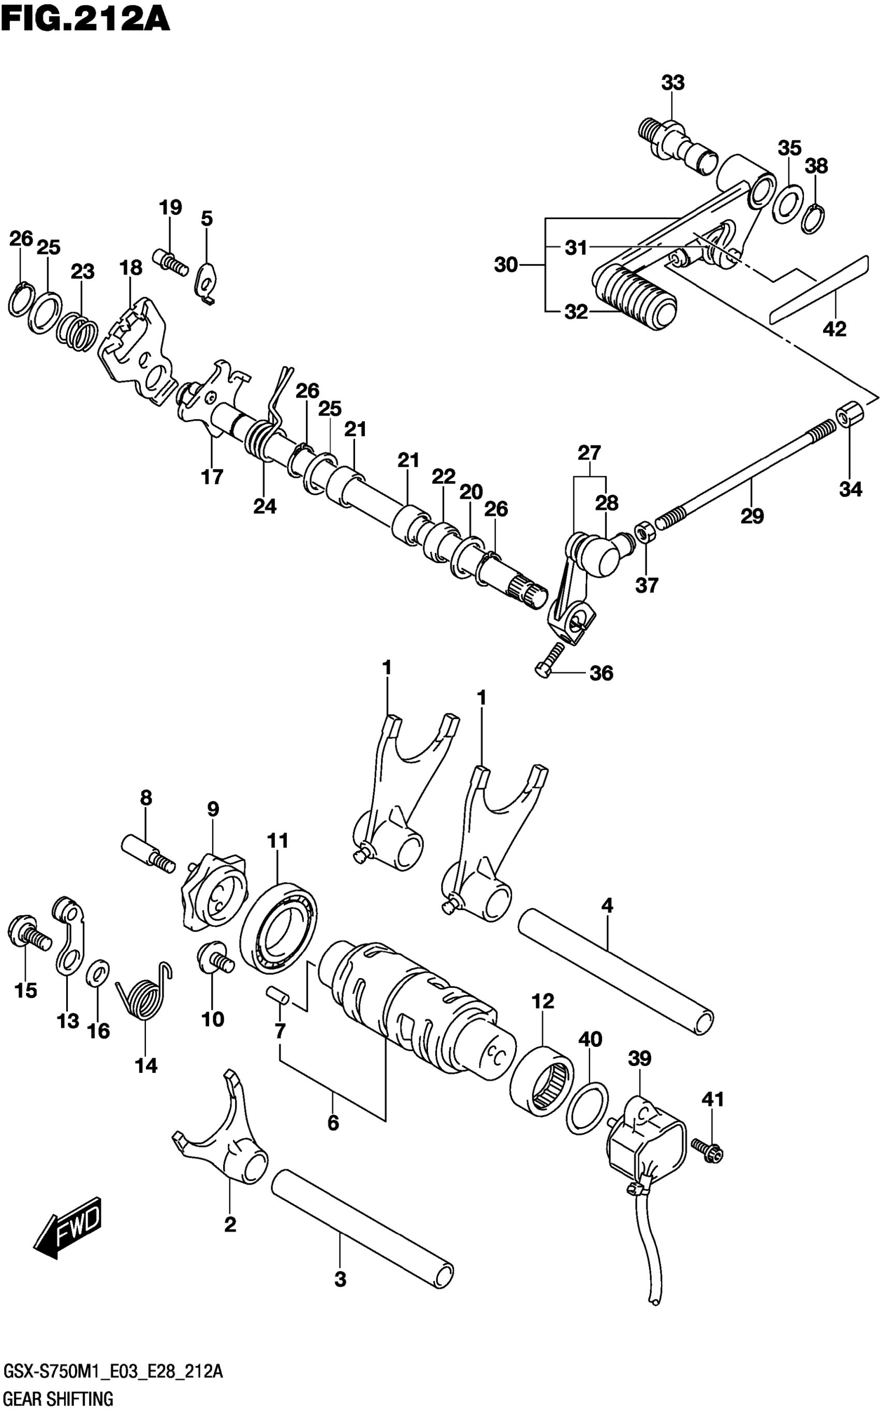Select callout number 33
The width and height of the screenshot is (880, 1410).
point(672,83)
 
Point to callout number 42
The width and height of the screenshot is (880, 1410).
point(834,329)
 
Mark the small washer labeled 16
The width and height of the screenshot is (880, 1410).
point(98,972)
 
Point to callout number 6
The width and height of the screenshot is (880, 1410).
point(333,1123)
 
